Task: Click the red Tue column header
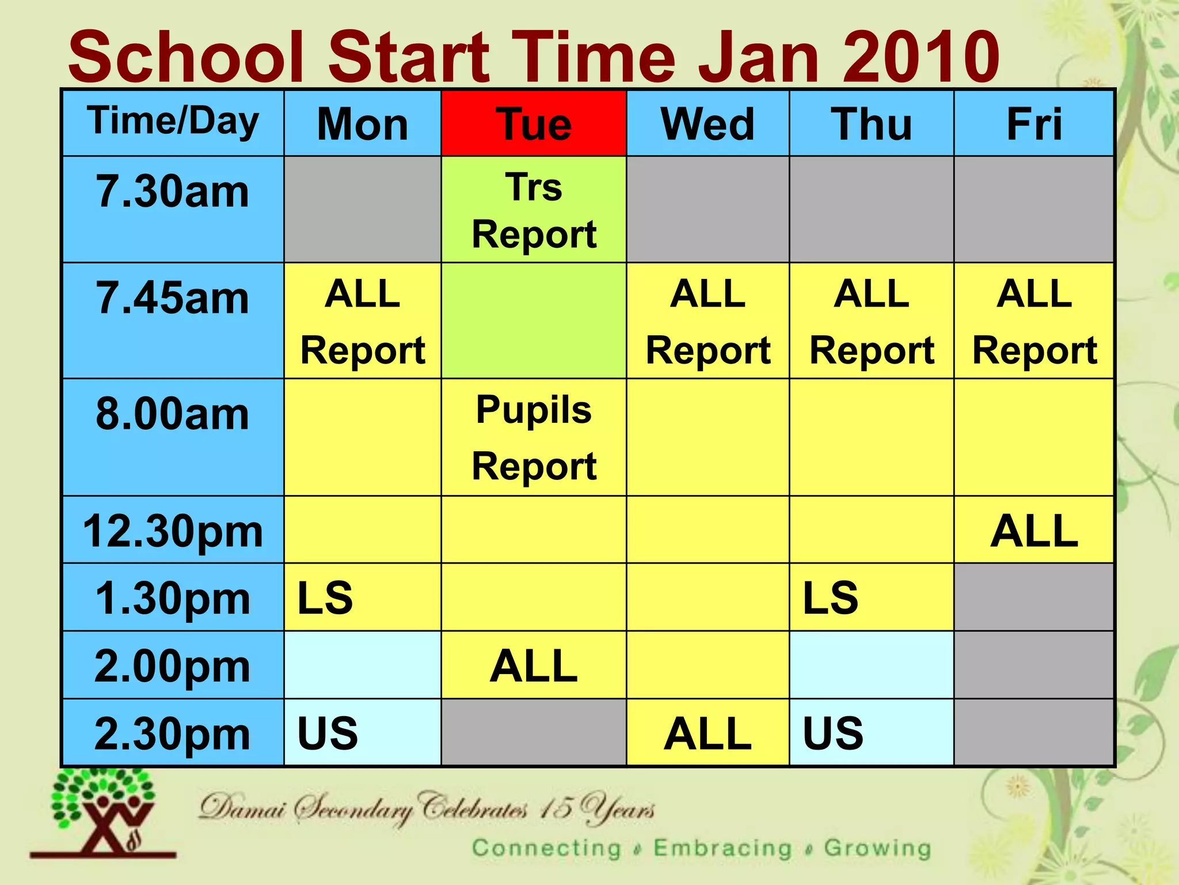pyautogui.click(x=534, y=123)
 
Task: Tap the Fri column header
pyautogui.click(x=1034, y=123)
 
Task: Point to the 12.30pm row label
pyautogui.click(x=173, y=531)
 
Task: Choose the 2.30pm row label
pyautogui.click(x=173, y=733)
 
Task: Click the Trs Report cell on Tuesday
pyautogui.click(x=534, y=210)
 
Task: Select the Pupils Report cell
pyautogui.click(x=534, y=437)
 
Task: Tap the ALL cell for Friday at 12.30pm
pyautogui.click(x=1034, y=530)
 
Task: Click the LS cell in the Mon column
pyautogui.click(x=362, y=597)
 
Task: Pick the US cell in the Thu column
pyautogui.click(x=871, y=733)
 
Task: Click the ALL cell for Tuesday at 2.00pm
pyautogui.click(x=534, y=665)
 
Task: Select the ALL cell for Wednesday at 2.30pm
pyautogui.click(x=708, y=733)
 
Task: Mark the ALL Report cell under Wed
pyautogui.click(x=708, y=321)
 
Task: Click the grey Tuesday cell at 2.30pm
pyautogui.click(x=534, y=733)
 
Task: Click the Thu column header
pyautogui.click(x=871, y=123)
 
